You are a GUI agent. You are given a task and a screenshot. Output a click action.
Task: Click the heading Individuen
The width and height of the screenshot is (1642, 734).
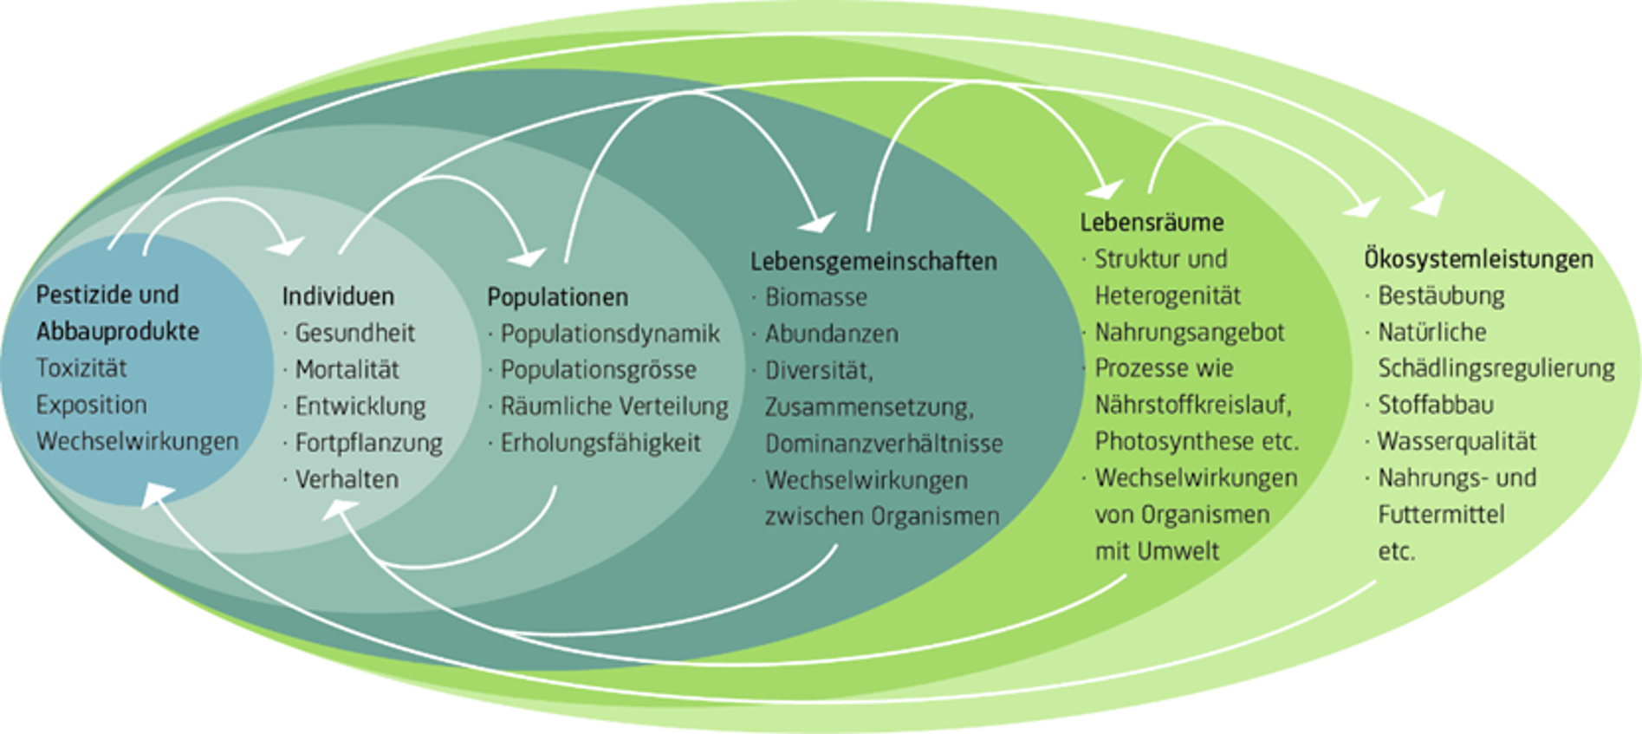coord(338,296)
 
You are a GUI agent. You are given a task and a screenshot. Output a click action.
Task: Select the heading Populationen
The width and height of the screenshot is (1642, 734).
coord(557,297)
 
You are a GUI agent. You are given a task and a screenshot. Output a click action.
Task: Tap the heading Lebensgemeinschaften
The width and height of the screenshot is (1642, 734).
coord(873,261)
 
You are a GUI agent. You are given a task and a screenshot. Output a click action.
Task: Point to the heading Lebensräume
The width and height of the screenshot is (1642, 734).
coord(1152,223)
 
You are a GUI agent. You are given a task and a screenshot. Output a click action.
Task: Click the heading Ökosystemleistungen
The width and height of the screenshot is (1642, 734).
coord(1478,259)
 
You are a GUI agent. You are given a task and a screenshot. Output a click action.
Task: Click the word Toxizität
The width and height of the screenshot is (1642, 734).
coord(81,368)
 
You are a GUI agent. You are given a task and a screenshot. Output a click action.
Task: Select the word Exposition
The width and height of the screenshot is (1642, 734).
coord(91,405)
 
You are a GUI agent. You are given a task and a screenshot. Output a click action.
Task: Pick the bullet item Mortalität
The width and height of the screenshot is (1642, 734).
coord(347,370)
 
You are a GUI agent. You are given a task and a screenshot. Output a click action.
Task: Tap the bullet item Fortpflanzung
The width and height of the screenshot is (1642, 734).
coord(368,443)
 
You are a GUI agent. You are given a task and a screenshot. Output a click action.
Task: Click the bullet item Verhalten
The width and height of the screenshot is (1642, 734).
coord(347,479)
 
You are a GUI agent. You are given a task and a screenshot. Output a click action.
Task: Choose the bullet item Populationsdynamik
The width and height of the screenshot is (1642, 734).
coord(610,334)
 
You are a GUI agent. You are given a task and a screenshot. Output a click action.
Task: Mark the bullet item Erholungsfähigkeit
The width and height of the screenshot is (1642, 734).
coord(600,443)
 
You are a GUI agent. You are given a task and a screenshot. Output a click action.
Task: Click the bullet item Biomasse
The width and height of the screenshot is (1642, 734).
coord(815,297)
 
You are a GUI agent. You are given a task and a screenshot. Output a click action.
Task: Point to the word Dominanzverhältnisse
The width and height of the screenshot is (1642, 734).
coord(884,444)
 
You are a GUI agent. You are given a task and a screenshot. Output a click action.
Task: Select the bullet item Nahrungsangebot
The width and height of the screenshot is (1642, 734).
coord(1190,332)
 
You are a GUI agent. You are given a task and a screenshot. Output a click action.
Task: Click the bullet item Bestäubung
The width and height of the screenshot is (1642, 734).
coord(1441,296)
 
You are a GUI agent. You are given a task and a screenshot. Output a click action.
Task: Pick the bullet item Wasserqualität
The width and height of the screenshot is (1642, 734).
coord(1457,441)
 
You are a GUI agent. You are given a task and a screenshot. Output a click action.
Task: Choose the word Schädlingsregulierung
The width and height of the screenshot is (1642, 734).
coord(1496,368)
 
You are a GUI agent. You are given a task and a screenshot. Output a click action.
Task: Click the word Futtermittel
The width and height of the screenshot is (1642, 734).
coord(1441,514)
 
